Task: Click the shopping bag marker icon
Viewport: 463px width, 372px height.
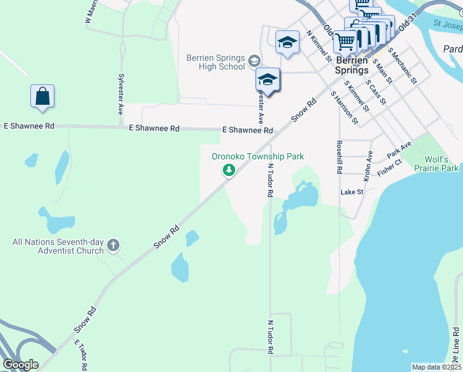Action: pos(42,97)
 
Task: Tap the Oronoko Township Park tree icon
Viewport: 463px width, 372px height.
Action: pos(229,170)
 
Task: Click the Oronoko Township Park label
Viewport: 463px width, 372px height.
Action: pos(257,157)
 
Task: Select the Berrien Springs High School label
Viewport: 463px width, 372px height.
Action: pos(215,62)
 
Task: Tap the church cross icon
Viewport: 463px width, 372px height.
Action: pos(113,246)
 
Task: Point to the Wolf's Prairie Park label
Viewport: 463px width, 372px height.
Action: pos(437,164)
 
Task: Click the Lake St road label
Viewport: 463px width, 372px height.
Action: pos(352,193)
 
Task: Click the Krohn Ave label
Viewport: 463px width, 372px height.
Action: pos(368,166)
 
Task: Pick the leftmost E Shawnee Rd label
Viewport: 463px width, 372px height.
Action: pos(29,126)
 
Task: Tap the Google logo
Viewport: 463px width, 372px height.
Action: pos(21,365)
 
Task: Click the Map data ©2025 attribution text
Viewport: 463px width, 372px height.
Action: pos(436,367)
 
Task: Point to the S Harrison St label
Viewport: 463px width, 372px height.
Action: pos(344,107)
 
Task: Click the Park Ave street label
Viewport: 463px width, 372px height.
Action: pos(399,149)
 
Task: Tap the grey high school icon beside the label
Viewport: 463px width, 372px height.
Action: pos(254,61)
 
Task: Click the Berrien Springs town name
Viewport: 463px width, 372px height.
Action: pos(352,66)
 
